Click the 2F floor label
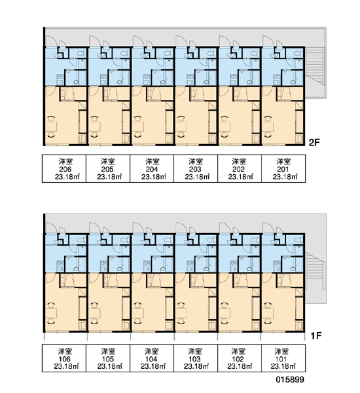pyautogui.click(x=314, y=143)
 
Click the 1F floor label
pyautogui.click(x=316, y=336)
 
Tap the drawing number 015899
pyautogui.click(x=290, y=379)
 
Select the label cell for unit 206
pyautogui.click(x=64, y=168)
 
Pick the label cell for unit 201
pyautogui.click(x=283, y=168)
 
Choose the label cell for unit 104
pyautogui.click(x=152, y=358)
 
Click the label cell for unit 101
pyautogui.click(x=283, y=358)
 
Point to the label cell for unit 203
pyautogui.click(x=196, y=168)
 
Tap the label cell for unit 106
pyautogui.click(x=64, y=358)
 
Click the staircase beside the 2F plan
pyautogui.click(x=315, y=65)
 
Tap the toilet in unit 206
pyautogui.click(x=81, y=54)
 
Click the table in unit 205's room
pyautogui.click(x=95, y=126)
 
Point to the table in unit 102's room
pyautogui.click(x=225, y=313)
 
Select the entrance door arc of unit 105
pyautogui.click(x=95, y=228)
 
